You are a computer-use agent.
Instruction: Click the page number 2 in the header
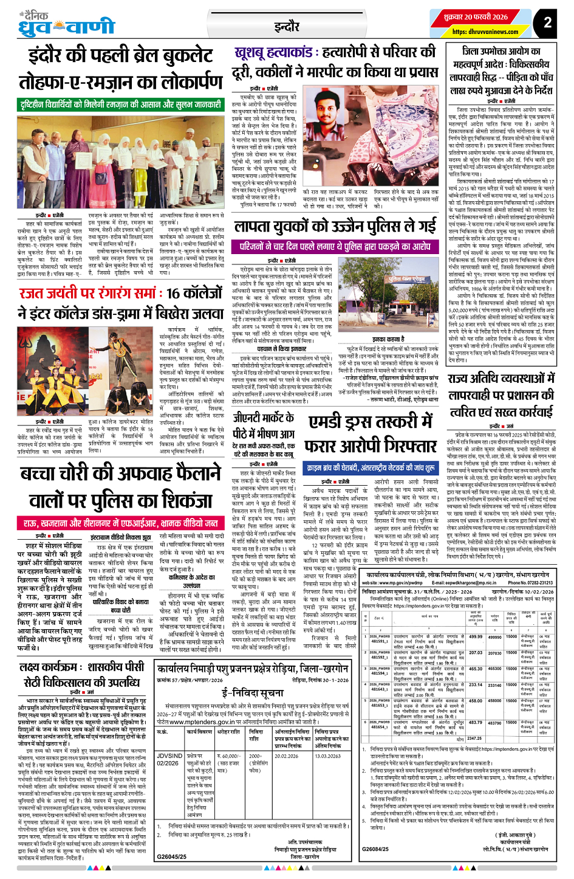547,22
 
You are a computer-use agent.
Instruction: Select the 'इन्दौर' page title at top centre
287,27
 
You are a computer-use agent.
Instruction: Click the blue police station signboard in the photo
406,279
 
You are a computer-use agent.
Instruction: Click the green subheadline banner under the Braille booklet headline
120,105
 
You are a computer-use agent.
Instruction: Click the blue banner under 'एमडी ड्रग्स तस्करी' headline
371,468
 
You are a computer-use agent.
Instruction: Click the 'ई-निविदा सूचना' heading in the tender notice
252,693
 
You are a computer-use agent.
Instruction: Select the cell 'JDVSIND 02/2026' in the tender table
169,759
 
